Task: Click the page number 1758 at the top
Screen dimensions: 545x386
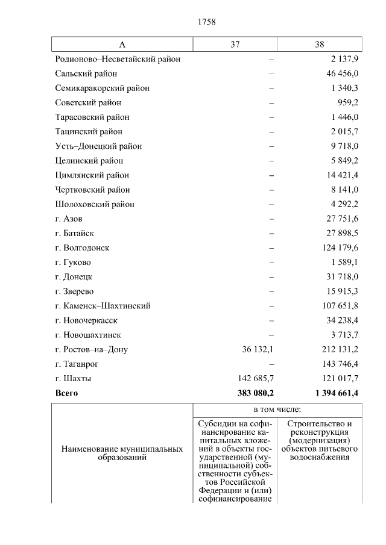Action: click(x=207, y=22)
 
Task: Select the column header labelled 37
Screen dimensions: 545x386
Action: click(x=235, y=45)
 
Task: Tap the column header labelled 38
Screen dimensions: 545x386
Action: click(x=320, y=45)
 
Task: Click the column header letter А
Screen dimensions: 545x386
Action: click(x=122, y=45)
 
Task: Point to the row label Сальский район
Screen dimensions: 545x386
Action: click(x=86, y=73)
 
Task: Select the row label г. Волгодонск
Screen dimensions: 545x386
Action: click(x=81, y=248)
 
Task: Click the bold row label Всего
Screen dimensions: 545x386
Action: click(x=66, y=393)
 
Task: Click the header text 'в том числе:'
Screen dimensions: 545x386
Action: click(x=277, y=410)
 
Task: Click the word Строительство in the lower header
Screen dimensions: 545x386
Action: click(x=320, y=423)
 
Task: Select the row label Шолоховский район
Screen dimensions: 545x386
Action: click(x=94, y=204)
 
